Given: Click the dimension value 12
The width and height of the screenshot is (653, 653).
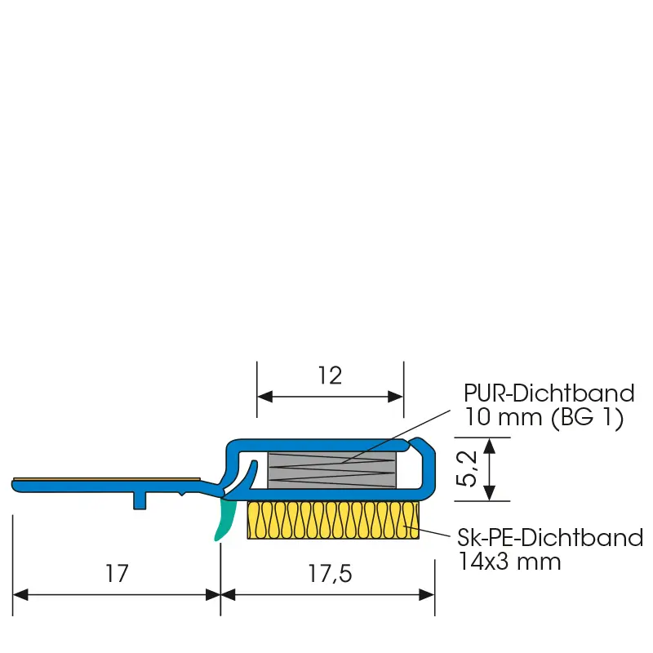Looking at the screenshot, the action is (x=330, y=375).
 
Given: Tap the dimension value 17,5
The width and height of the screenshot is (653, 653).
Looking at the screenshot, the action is (x=330, y=574).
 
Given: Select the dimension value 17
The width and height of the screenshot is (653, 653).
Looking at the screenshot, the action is (x=117, y=574).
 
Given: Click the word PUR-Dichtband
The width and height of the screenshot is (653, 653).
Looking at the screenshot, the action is (x=549, y=393).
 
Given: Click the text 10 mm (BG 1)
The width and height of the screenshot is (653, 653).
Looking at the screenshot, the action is (x=544, y=417).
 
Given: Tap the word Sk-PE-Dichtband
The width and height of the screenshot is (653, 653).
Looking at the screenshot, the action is (x=550, y=538).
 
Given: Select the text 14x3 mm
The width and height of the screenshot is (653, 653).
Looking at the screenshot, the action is (x=509, y=562).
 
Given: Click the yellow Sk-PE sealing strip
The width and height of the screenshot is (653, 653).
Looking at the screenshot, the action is (x=333, y=520).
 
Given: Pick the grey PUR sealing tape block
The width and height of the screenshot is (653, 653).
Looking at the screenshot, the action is (x=332, y=470).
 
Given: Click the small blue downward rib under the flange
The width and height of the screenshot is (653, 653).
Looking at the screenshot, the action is (x=140, y=500).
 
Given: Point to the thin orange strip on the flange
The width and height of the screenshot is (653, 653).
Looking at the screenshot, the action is (x=107, y=479).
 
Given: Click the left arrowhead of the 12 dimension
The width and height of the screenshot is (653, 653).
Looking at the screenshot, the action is (x=264, y=397).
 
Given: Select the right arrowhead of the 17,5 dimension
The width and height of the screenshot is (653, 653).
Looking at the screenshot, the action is (x=427, y=595).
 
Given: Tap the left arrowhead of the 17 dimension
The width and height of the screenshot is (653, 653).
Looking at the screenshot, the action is (x=21, y=595).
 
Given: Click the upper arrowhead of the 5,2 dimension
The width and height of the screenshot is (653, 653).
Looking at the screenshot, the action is (x=490, y=446).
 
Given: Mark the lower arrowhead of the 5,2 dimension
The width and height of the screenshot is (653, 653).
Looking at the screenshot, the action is (x=490, y=493).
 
